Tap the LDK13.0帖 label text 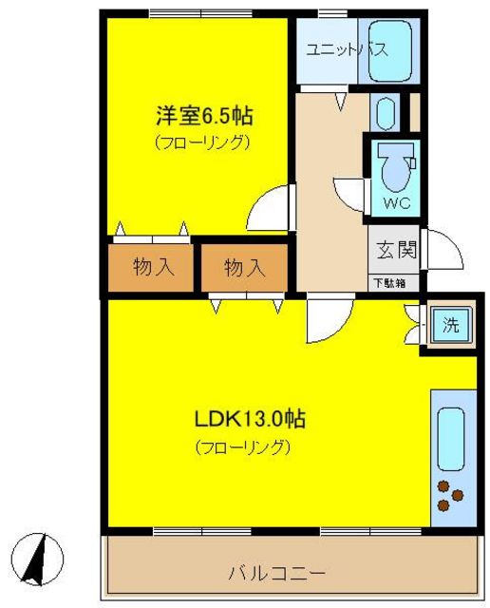pos(250,418)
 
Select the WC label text pos(396,203)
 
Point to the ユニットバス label pos(345,50)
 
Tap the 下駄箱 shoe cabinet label pos(388,282)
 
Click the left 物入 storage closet pos(153,268)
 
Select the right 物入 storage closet pos(244,268)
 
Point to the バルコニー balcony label pos(276,574)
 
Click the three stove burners pos(450,493)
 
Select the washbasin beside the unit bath pos(385,113)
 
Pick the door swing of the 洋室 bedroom pos(271,207)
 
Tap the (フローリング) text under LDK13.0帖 pos(242,446)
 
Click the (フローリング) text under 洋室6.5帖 pos(202,144)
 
